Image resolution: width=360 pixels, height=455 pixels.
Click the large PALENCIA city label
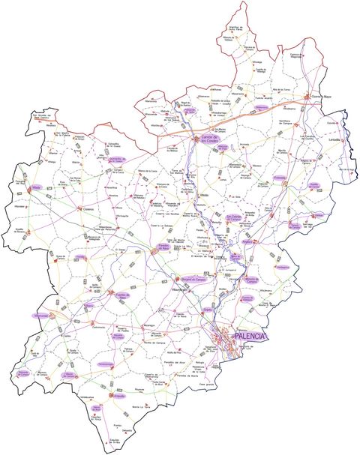click(250, 337)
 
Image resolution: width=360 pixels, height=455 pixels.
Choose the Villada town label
click(36, 187)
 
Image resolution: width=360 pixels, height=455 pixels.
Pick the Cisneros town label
click(88, 210)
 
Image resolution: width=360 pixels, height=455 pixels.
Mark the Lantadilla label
click(334, 139)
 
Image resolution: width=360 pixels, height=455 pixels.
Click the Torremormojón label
click(105, 364)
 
